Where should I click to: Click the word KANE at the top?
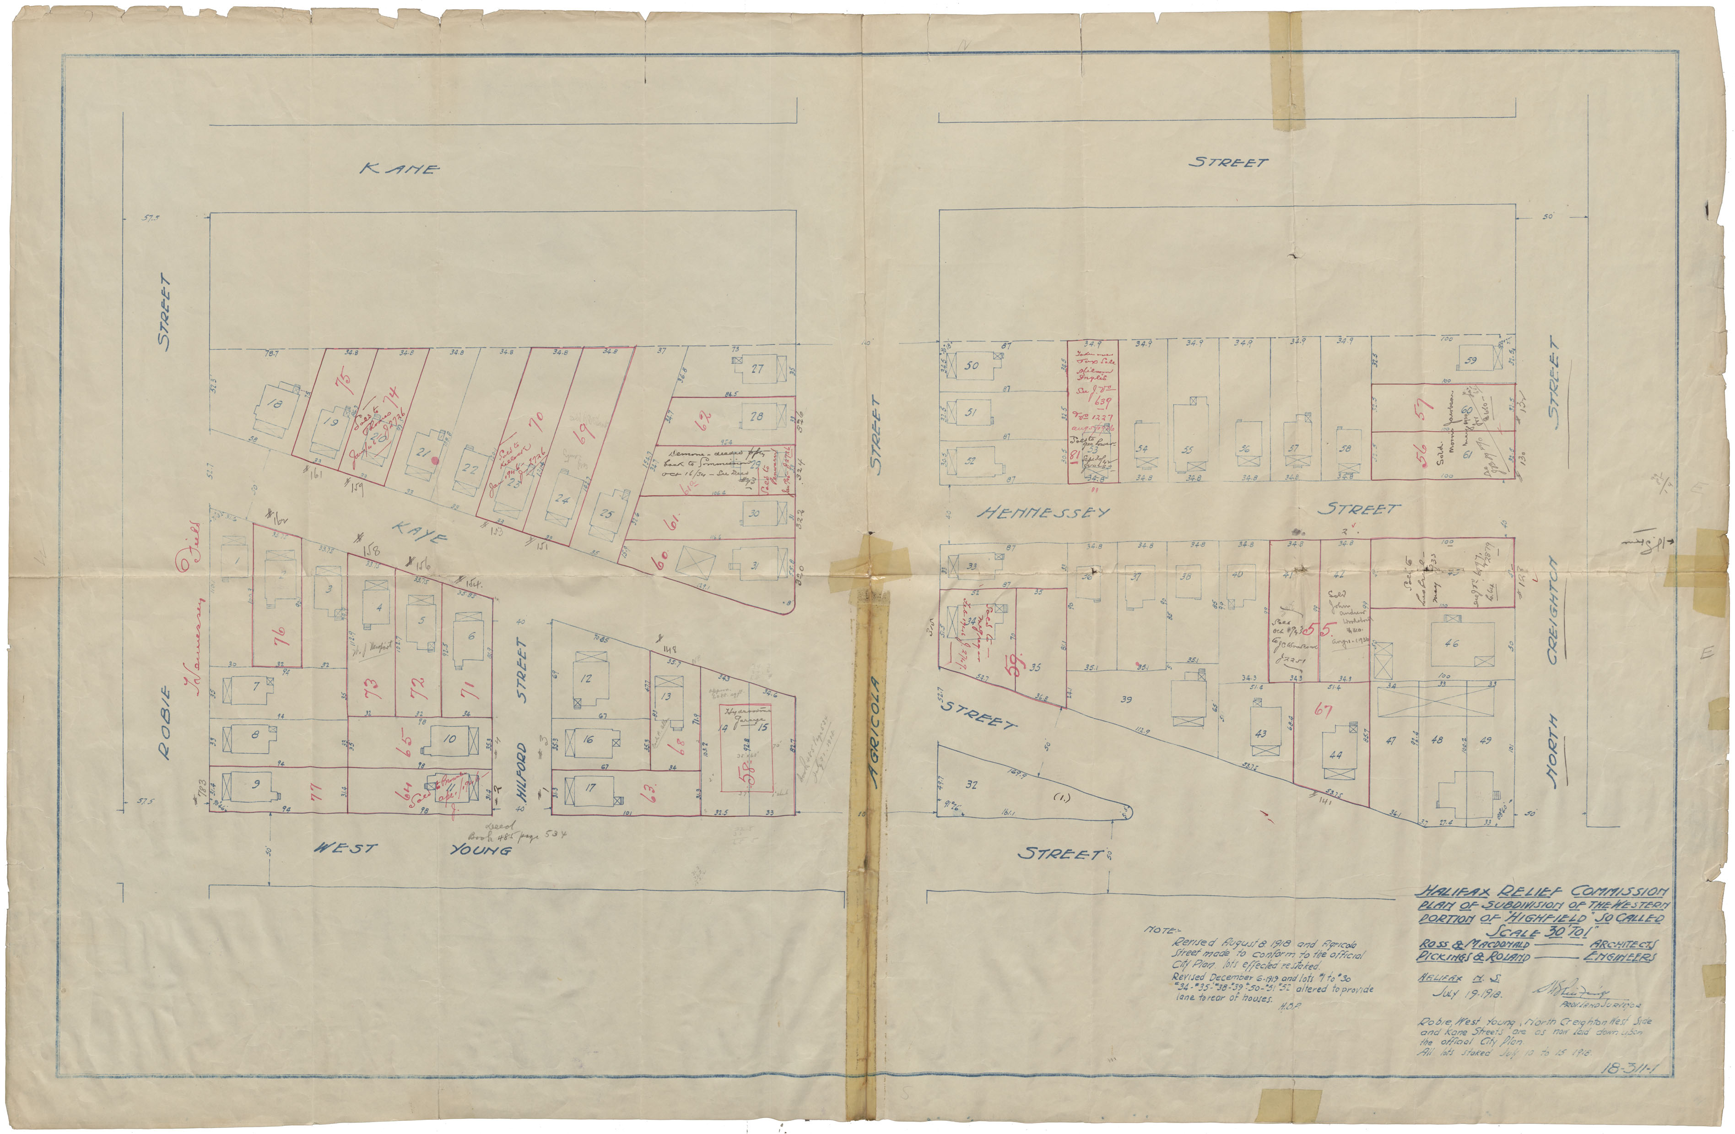pos(400,169)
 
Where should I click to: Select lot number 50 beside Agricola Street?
pos(971,365)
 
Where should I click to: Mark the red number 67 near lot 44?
pos(1322,709)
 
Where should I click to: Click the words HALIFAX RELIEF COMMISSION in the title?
pos(1541,892)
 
